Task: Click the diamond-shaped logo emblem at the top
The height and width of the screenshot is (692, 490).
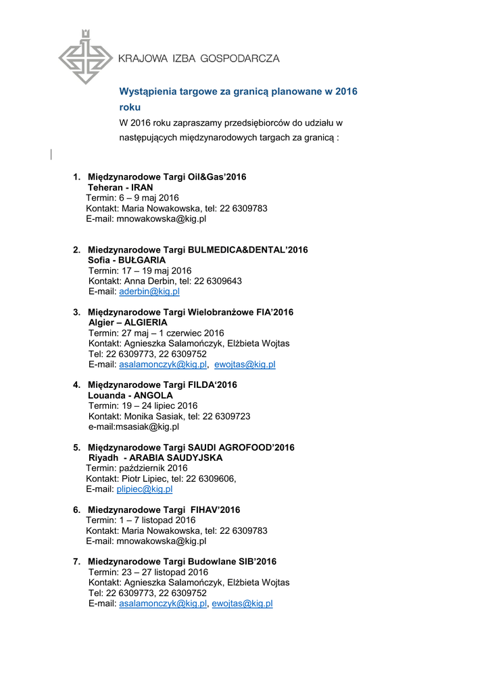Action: coord(84,57)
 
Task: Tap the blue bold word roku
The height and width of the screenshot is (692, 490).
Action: coord(130,107)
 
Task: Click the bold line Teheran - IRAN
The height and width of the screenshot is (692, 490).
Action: coord(120,187)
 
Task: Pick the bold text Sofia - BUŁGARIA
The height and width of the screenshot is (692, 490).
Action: coord(127,260)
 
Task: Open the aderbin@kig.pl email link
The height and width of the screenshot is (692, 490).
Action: coord(149,292)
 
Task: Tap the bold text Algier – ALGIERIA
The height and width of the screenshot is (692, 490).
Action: coord(128,323)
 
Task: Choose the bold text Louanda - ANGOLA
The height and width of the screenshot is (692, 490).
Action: coord(130,395)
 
